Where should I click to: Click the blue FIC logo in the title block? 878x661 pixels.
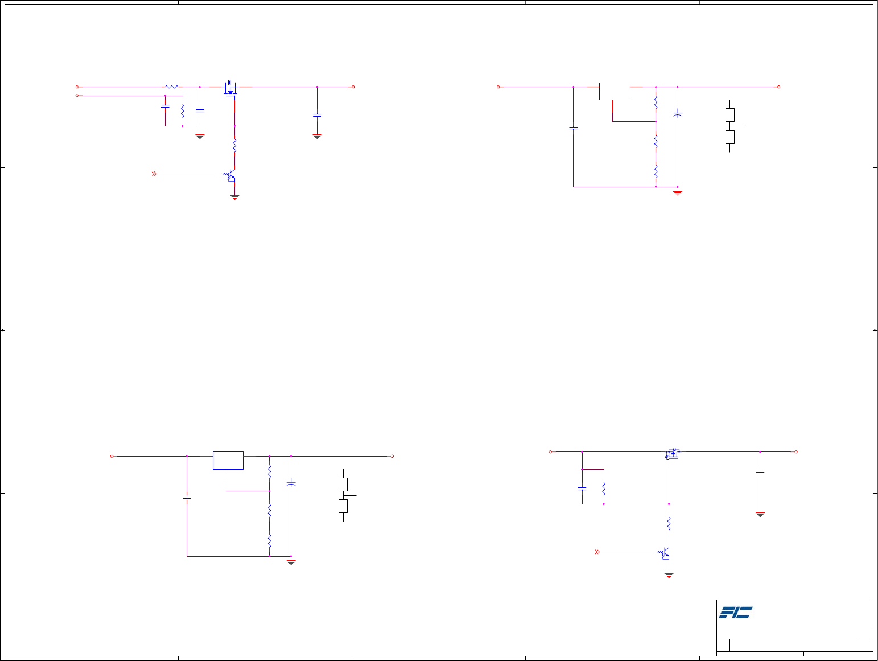(x=735, y=613)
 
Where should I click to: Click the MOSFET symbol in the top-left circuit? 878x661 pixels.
(x=230, y=88)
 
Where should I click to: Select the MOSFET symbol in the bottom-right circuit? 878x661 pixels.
(x=672, y=454)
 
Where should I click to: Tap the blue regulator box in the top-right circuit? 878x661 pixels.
(x=615, y=91)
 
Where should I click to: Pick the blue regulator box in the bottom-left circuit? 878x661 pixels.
(x=228, y=461)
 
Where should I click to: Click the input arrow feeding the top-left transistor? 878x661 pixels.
(x=154, y=174)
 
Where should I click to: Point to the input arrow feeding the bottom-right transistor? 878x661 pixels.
(x=597, y=552)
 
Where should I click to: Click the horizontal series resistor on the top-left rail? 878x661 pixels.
(x=171, y=87)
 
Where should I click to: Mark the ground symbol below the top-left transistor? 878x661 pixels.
(x=234, y=198)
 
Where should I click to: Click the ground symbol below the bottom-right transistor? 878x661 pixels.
(x=669, y=576)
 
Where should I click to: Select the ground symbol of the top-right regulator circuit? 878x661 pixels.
(x=678, y=192)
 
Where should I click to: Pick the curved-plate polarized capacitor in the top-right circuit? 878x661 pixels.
(x=678, y=114)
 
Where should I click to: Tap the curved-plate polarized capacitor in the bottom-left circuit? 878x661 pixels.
(x=291, y=483)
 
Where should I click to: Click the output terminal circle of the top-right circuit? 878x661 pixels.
(x=778, y=87)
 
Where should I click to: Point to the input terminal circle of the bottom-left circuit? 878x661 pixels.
(x=112, y=456)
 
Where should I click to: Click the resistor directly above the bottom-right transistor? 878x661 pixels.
(x=669, y=524)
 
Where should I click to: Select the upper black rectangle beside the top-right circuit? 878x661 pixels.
(x=730, y=115)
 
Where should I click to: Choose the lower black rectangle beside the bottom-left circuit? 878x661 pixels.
(x=343, y=506)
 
